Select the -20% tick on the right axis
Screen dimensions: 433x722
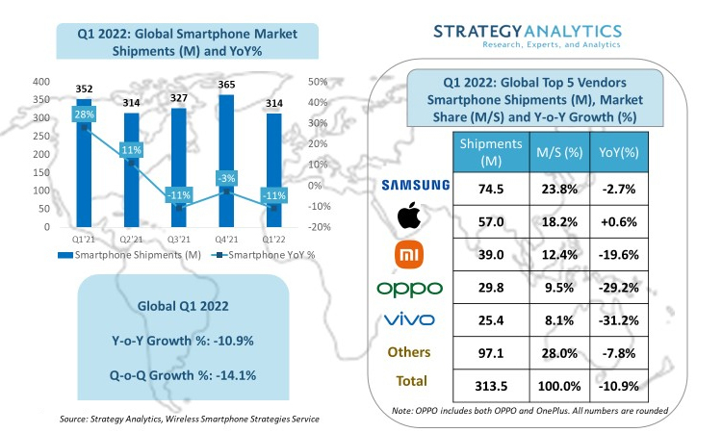321,227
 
